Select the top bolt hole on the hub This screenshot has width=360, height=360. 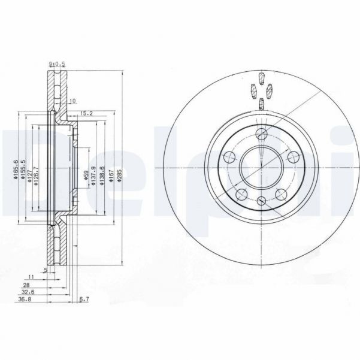pyautogui.click(x=261, y=134)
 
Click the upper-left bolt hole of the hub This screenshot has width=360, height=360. pyautogui.click(x=229, y=157)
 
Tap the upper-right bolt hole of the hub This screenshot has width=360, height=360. pyautogui.click(x=293, y=157)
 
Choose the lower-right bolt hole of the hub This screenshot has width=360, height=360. pyautogui.click(x=282, y=194)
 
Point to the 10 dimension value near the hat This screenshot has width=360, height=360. pyautogui.click(x=72, y=101)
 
